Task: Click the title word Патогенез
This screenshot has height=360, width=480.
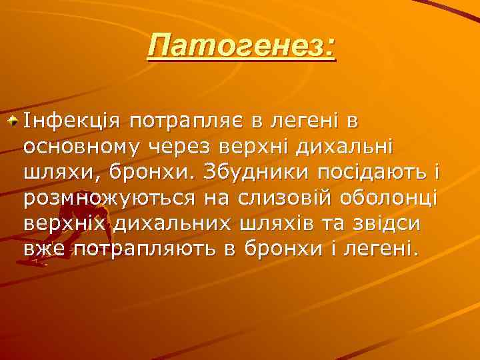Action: (237, 47)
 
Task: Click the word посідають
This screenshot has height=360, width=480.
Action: (363, 171)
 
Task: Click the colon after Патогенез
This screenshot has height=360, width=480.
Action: (331, 47)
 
